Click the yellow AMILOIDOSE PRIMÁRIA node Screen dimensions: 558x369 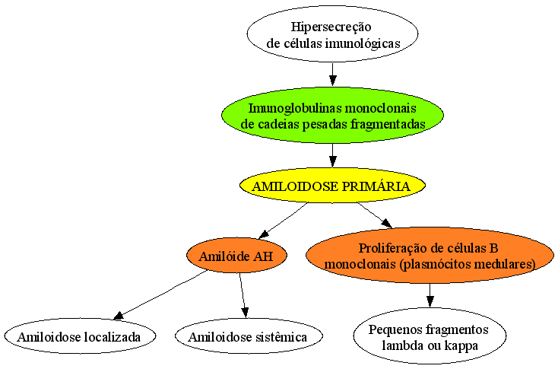click(x=332, y=186)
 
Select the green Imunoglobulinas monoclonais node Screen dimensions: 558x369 click(x=332, y=116)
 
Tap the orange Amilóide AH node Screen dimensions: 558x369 click(x=236, y=256)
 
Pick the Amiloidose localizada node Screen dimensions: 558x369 click(x=80, y=336)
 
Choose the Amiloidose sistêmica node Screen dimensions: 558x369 click(x=249, y=336)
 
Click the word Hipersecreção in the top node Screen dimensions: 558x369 click(x=331, y=27)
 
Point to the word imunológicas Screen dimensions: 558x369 click(x=363, y=43)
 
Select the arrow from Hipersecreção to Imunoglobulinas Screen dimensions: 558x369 click(x=332, y=75)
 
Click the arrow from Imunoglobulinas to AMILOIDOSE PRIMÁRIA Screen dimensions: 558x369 click(x=332, y=155)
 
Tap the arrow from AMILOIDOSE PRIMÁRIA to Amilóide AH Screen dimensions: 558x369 click(x=284, y=220)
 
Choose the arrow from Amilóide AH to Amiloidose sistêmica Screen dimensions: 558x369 click(x=243, y=295)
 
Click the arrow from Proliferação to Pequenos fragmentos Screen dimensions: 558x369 click(x=430, y=295)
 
